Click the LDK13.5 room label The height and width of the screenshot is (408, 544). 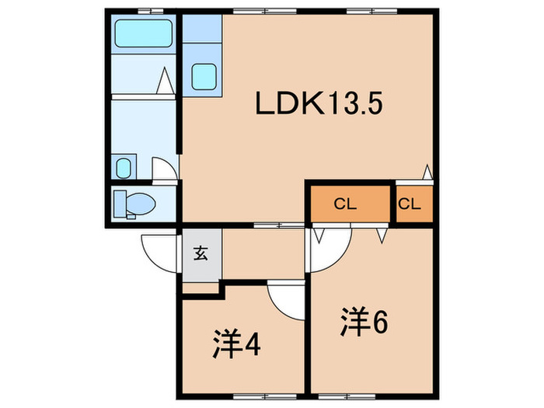point(319,103)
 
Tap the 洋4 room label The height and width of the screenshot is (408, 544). point(236,343)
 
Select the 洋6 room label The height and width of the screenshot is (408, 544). point(364,322)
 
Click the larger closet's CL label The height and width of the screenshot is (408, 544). point(345,204)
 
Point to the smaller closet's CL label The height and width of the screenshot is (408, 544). point(410,204)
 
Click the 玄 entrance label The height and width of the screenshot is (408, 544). point(201,253)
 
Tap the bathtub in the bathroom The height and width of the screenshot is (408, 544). point(143,33)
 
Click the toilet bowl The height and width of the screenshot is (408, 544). point(140,204)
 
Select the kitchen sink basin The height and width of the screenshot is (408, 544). point(204,77)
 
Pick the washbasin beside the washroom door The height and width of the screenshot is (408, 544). point(123,168)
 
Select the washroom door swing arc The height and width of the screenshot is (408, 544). point(165,169)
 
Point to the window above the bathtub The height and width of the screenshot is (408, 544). point(151,12)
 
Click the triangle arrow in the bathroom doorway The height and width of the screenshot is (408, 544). point(165,81)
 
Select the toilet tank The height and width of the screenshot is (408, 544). point(120,204)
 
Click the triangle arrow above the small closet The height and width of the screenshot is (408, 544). point(427,172)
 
